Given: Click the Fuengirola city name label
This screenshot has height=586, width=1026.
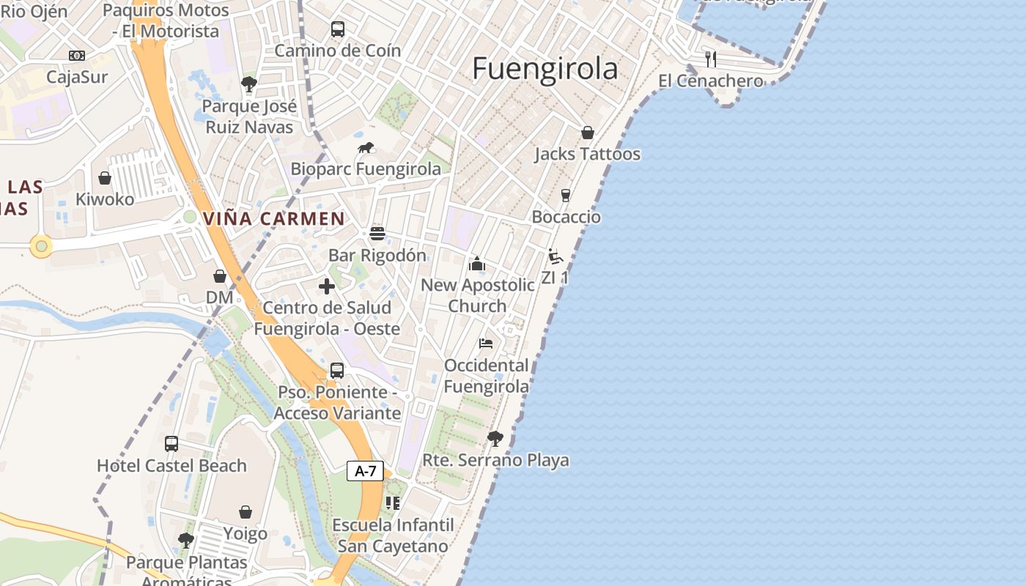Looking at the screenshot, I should [x=545, y=69].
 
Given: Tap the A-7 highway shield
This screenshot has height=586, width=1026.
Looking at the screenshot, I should [x=365, y=471].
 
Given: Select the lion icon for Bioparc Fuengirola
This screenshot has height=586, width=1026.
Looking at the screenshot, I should [x=366, y=148].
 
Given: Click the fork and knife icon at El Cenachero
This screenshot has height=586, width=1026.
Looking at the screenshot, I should [x=710, y=59].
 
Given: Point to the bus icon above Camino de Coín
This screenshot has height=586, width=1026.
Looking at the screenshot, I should [x=337, y=29].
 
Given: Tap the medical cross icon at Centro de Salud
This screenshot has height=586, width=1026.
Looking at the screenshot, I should [x=327, y=286].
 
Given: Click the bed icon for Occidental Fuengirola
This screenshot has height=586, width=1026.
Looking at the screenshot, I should [x=486, y=343].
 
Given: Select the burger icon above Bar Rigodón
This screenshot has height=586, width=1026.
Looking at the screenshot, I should [x=377, y=234].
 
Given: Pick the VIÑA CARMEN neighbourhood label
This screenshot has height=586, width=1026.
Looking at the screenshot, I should [x=273, y=218].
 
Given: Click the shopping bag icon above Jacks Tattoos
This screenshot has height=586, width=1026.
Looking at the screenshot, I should [x=587, y=133].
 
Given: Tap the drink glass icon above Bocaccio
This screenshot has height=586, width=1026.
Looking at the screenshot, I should [x=565, y=196].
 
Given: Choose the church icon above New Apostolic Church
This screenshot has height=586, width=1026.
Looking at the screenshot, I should [x=477, y=264].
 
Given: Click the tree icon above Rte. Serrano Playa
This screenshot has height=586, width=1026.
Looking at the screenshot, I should [x=495, y=439].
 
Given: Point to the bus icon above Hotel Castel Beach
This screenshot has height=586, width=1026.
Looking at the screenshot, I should [x=171, y=444].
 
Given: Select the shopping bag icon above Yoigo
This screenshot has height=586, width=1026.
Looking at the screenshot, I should [x=246, y=512].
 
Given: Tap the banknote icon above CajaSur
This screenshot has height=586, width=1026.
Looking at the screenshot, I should [x=77, y=56].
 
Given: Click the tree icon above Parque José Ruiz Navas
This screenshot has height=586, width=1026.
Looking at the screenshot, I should [x=249, y=84].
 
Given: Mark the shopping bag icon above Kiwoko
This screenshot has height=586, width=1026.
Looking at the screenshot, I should [x=105, y=178].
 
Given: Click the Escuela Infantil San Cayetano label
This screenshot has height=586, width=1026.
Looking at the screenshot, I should [x=393, y=535].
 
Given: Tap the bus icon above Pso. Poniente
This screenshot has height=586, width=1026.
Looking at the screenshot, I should [x=337, y=371].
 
